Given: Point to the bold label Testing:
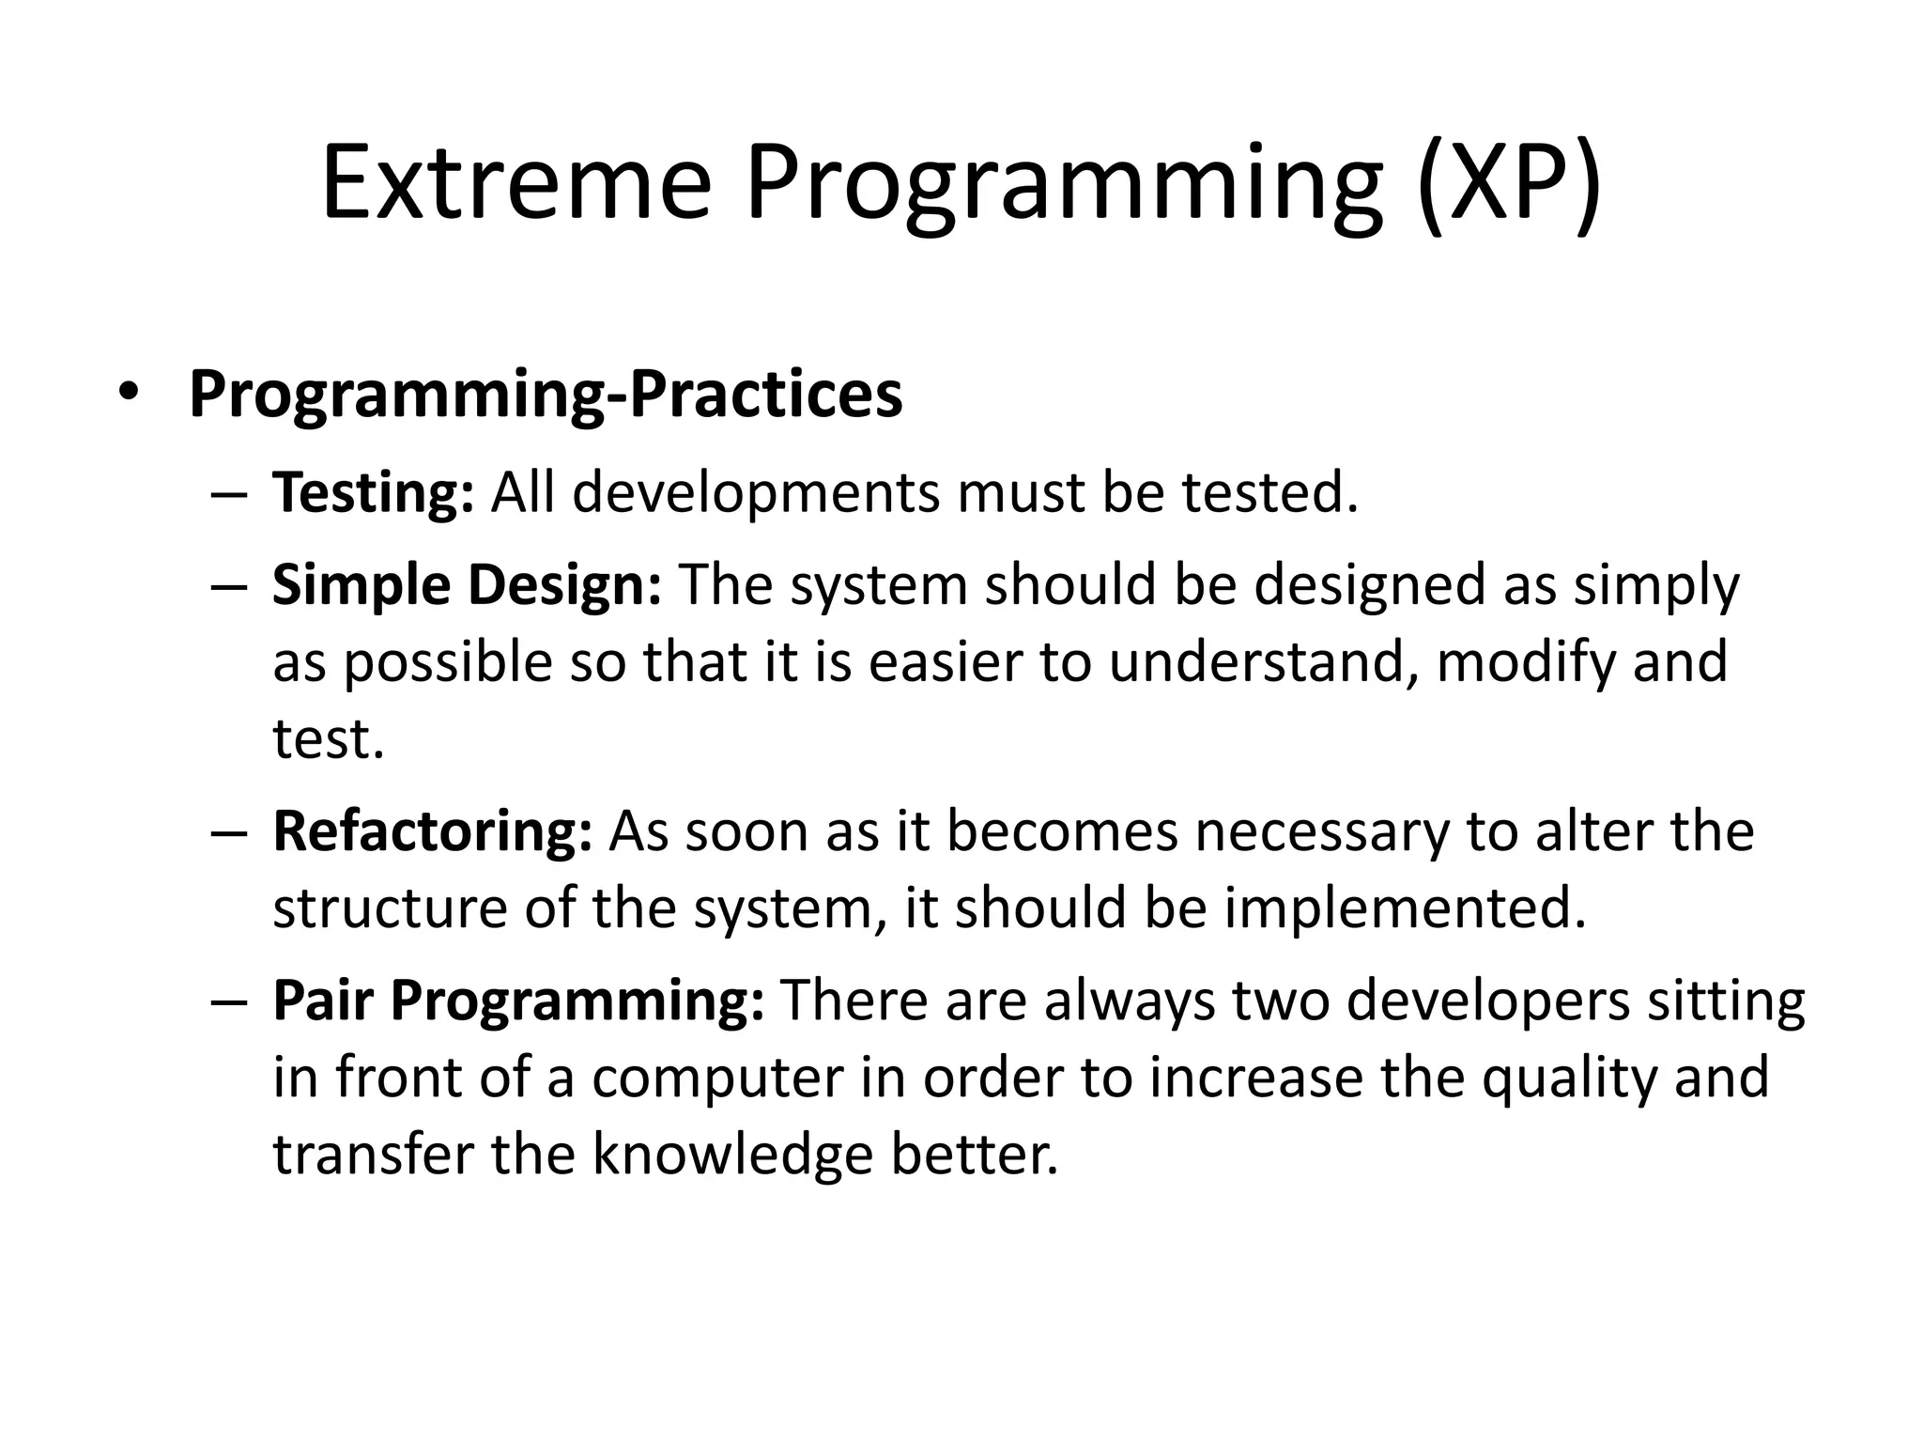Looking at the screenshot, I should pyautogui.click(x=373, y=492).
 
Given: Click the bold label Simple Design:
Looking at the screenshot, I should pyautogui.click(x=467, y=585).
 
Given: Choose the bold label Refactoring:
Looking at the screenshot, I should pyautogui.click(x=432, y=832).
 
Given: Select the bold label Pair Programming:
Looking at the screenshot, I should pyautogui.click(x=518, y=1000).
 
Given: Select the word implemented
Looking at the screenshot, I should pyautogui.click(x=1405, y=909).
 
